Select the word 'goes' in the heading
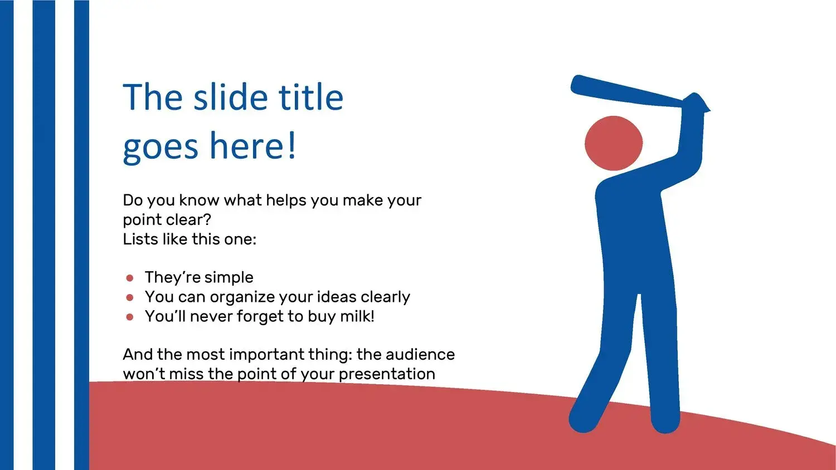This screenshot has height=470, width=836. [x=161, y=147]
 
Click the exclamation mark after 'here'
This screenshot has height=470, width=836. [x=292, y=145]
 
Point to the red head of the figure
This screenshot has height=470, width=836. [x=614, y=143]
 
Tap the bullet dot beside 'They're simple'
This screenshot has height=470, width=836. [x=130, y=278]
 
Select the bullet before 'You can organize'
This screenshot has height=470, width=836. [x=130, y=297]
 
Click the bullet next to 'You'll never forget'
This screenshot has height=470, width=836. [x=130, y=317]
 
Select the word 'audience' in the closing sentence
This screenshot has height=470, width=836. [x=420, y=354]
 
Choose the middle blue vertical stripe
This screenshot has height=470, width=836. [x=44, y=235]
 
